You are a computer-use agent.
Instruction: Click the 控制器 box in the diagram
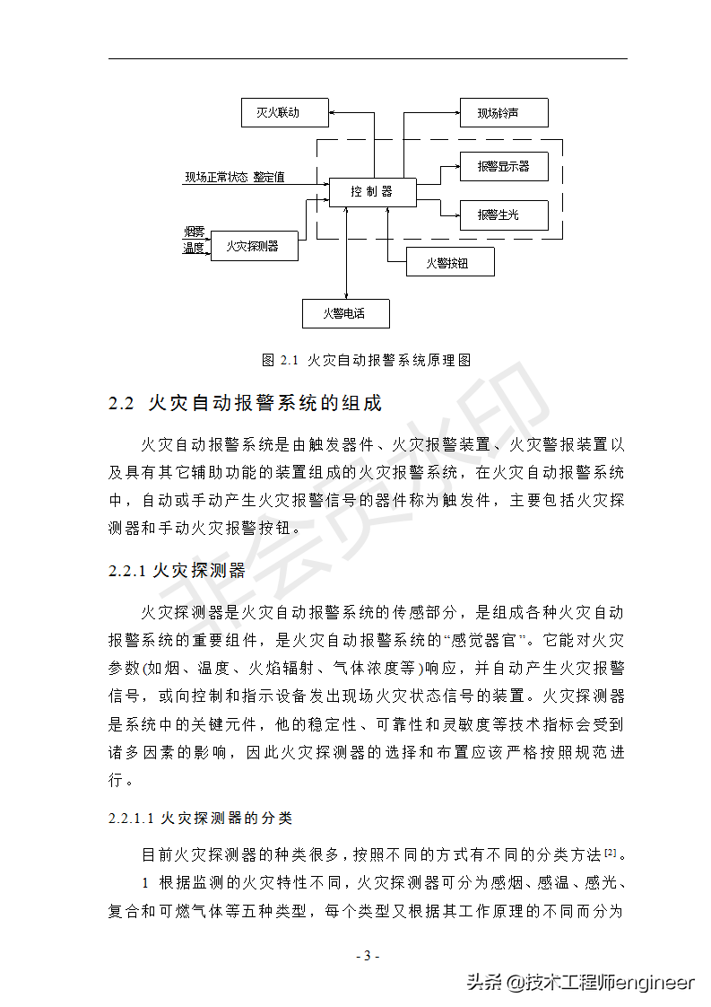point(371,192)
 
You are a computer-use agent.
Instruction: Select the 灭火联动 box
point(278,113)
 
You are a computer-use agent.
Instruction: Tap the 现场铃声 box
point(503,113)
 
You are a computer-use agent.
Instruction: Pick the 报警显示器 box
point(503,166)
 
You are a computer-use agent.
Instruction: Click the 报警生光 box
point(503,215)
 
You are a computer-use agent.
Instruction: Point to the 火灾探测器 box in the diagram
point(254,245)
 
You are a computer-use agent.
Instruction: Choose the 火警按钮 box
point(449,262)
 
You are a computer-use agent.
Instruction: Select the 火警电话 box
point(345,314)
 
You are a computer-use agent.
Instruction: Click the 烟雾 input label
point(195,233)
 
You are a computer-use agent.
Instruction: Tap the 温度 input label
point(195,248)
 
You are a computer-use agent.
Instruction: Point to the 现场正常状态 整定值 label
point(235,178)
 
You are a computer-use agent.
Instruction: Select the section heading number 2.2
point(121,404)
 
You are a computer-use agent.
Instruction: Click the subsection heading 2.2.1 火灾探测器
point(176,571)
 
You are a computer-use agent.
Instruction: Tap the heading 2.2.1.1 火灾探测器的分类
point(200,819)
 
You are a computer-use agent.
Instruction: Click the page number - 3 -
point(368,955)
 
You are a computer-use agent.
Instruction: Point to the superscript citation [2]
point(610,851)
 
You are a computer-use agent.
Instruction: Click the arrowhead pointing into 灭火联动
point(330,113)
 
